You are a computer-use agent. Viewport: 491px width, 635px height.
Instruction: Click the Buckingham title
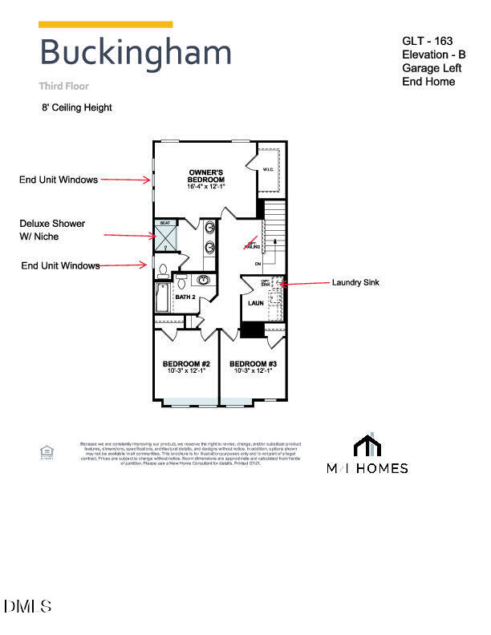pos(136,53)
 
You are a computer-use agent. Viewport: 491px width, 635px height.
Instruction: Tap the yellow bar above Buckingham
pos(105,25)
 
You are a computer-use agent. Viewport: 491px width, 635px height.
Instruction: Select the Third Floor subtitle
pos(64,86)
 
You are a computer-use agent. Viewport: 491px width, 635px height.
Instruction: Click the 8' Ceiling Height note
pos(77,107)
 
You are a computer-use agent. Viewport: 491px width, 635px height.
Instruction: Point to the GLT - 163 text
pos(428,40)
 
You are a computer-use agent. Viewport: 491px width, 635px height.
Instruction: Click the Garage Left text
pos(432,68)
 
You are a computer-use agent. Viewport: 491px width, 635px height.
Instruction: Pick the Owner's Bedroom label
pos(206,177)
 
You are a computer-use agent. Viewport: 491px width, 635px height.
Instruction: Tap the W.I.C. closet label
pos(268,169)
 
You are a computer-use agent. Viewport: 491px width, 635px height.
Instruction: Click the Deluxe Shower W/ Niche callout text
pos(52,230)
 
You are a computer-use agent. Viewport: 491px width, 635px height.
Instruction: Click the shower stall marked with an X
pos(167,237)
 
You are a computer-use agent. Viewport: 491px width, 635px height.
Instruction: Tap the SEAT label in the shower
pos(166,224)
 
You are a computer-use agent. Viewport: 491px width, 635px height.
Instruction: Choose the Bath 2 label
pos(186,297)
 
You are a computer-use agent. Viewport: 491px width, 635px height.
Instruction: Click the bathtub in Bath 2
pos(163,297)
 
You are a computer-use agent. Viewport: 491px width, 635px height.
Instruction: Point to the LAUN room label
pos(256,304)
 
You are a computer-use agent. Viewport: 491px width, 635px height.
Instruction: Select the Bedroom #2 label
pos(185,367)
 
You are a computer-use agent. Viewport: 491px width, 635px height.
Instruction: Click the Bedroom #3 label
pos(253,367)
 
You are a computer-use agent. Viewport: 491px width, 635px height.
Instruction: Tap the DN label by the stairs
pos(258,264)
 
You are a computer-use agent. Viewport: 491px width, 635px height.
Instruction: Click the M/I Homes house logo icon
pos(367,445)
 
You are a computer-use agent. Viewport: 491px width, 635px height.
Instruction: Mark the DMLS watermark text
pos(28,606)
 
